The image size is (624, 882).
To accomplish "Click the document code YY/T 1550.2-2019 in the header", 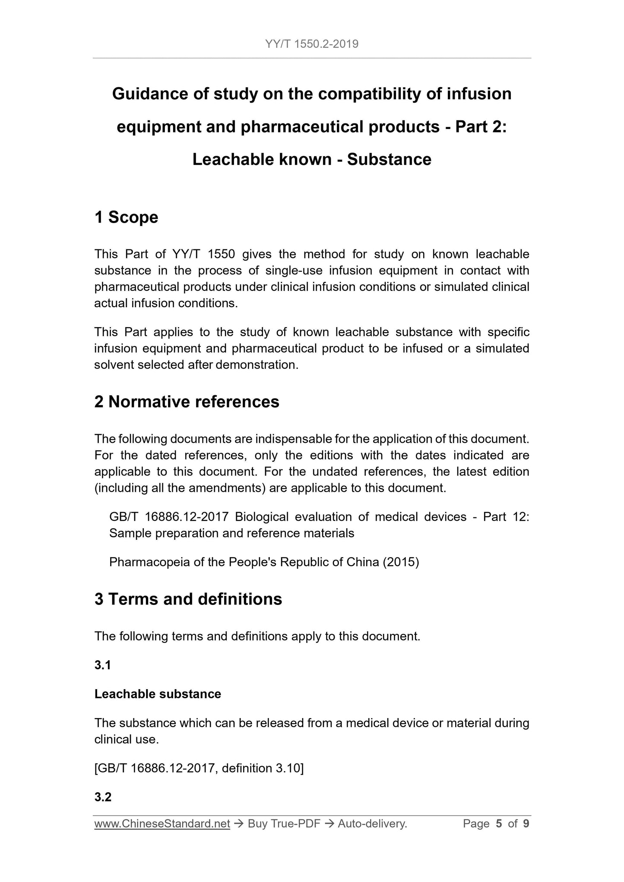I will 312,44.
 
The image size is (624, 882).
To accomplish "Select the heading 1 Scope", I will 126,217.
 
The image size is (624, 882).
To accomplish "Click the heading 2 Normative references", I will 187,402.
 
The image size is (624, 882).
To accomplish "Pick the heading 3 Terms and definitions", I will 188,599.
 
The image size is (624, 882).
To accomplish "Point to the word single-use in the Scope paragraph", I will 293,271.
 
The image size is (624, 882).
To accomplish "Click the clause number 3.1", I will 103,665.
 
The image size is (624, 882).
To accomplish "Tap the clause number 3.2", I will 103,797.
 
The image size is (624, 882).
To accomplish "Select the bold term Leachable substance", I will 158,694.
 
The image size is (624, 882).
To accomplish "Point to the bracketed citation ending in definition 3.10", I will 199,768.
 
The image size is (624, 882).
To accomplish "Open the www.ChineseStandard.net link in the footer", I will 162,824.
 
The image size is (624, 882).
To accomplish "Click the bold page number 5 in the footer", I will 499,824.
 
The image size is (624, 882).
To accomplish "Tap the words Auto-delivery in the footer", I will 372,824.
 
